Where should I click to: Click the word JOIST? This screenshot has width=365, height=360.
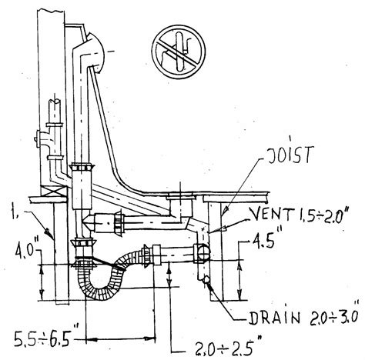click(x=290, y=155)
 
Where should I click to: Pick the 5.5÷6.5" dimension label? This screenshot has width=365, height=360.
click(x=43, y=338)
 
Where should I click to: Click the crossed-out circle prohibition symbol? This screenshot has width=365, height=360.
click(x=179, y=52)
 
